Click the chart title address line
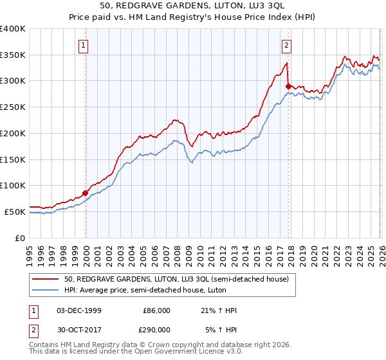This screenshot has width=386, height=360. click(193, 5)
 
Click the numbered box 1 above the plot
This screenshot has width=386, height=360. click(84, 45)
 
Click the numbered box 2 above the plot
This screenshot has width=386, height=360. click(286, 45)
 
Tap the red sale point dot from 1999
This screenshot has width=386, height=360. click(86, 192)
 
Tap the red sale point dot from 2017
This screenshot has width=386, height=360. click(288, 85)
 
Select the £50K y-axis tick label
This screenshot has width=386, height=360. click(15, 212)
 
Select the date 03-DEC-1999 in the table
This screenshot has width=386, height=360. click(78, 310)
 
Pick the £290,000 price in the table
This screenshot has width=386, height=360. click(156, 329)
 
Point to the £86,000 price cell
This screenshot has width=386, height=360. click(156, 310)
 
